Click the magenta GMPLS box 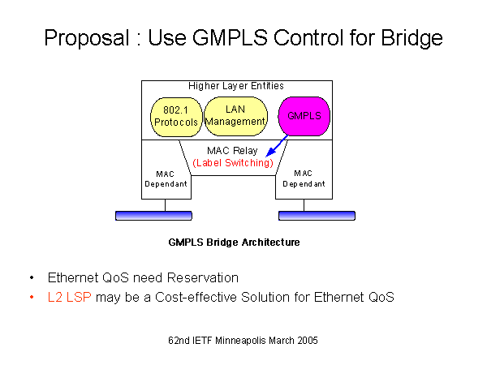[x=304, y=116]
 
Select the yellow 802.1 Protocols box [x=175, y=116]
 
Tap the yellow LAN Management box [x=235, y=115]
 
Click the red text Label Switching [x=232, y=162]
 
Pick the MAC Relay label [x=234, y=150]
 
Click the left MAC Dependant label [x=166, y=178]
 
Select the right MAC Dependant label [x=304, y=178]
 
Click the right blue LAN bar [x=317, y=216]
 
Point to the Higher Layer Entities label [x=236, y=85]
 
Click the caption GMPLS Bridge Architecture [x=234, y=242]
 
